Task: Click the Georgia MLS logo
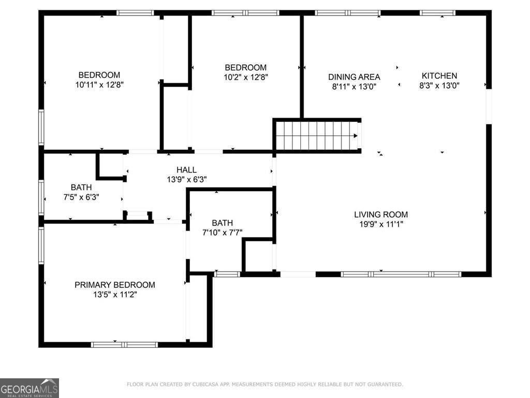(x=30, y=388)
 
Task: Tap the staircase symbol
(x=316, y=136)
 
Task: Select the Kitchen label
(x=439, y=76)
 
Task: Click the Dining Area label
(x=354, y=77)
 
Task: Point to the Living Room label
(x=381, y=215)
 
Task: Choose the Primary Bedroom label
(x=115, y=285)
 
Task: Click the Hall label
(x=186, y=170)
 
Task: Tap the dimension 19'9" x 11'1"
(x=381, y=224)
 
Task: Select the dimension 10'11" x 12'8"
(x=99, y=84)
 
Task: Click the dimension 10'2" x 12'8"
(x=245, y=77)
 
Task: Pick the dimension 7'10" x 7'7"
(x=223, y=233)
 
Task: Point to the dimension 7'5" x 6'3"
(x=81, y=197)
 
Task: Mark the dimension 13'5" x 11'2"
(x=115, y=295)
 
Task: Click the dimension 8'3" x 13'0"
(x=439, y=86)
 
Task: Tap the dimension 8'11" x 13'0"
(x=354, y=87)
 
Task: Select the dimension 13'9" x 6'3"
(x=186, y=180)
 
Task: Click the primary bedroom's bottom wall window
(x=124, y=344)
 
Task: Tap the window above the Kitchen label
(x=437, y=13)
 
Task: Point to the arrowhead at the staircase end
(x=355, y=136)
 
